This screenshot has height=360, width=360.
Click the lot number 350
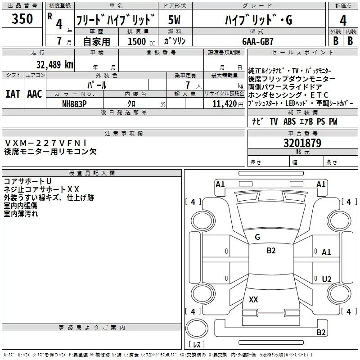pos(22,19)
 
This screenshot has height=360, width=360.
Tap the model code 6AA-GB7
pos(257,41)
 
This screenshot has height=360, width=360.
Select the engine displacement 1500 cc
pos(138,41)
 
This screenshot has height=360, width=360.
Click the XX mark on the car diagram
pos(253,300)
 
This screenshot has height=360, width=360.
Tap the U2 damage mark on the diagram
pos(327,279)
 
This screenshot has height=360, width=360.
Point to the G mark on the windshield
pos(257,237)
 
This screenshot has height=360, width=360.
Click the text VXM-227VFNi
pos(45,143)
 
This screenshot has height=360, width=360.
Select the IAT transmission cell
pos(13,94)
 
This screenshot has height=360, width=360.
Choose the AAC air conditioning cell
pos(35,94)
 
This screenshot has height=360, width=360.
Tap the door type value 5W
pos(174,19)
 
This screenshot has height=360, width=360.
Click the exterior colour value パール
pos(97,85)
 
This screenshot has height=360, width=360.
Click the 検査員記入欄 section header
pos(92,173)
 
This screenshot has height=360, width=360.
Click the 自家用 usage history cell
pos(96,41)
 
